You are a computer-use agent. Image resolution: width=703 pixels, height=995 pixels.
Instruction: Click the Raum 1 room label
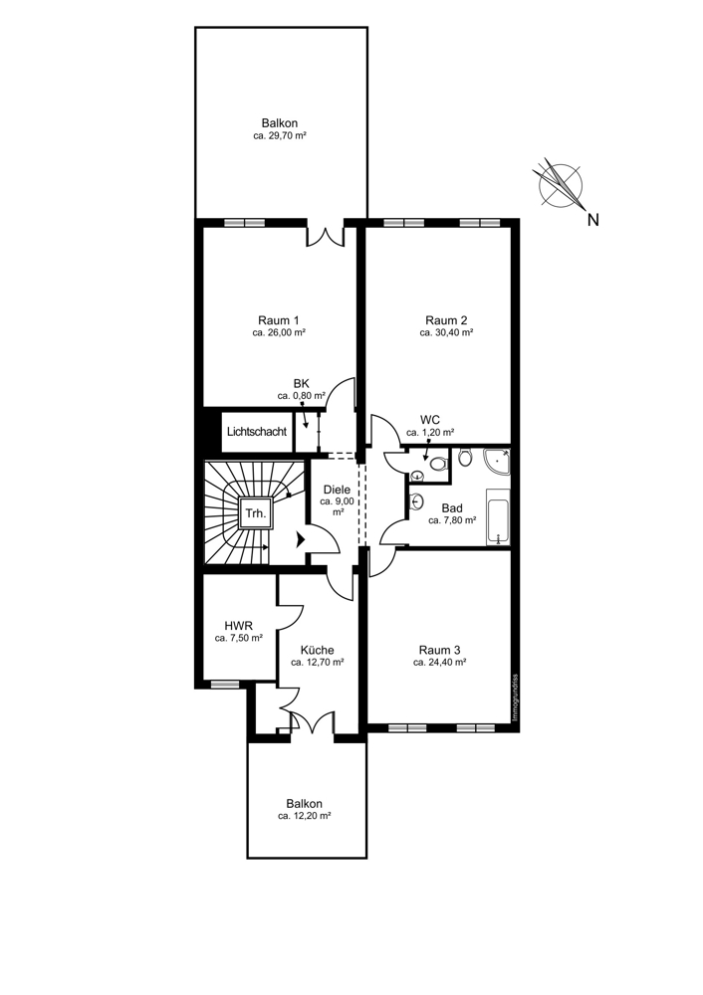click(279, 319)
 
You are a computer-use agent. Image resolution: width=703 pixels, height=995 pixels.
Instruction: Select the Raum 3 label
click(439, 650)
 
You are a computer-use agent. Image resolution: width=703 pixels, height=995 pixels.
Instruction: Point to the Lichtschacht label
click(257, 432)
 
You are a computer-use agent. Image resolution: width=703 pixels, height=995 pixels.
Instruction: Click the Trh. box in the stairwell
click(257, 512)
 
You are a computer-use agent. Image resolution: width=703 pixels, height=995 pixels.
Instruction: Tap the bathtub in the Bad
click(499, 517)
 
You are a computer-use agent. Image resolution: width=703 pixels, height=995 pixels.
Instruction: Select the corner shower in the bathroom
click(496, 462)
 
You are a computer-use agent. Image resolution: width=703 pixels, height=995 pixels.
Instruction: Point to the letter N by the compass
click(593, 220)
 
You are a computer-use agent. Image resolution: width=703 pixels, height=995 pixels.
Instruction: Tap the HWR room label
click(239, 625)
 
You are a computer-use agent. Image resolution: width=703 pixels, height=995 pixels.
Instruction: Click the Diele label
click(337, 490)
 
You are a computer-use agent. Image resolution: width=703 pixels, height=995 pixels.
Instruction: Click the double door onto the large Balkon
click(326, 236)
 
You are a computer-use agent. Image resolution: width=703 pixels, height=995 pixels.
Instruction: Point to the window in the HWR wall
click(225, 684)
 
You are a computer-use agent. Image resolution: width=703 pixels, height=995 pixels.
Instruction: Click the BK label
click(302, 383)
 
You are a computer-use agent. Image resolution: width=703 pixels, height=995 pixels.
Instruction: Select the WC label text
click(430, 420)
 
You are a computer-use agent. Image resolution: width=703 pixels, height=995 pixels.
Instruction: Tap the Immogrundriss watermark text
click(515, 697)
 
